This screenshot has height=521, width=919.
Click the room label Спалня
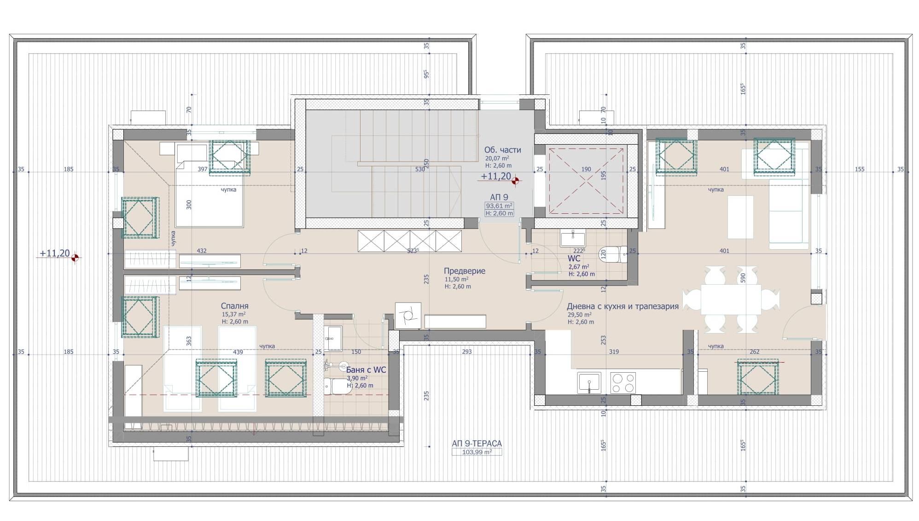point(234,306)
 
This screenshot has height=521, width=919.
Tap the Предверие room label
point(464,271)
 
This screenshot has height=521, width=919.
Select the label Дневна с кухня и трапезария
point(622,306)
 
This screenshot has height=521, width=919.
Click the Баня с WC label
point(366,370)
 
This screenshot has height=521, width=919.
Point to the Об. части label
point(502,150)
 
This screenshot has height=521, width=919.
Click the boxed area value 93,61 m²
point(499,206)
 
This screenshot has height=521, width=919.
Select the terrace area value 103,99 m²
point(477,452)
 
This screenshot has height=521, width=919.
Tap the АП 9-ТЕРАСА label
point(477,443)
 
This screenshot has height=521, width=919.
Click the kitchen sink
point(589,383)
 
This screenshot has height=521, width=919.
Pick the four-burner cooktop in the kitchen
point(623,383)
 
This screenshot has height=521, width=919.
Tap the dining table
point(731,299)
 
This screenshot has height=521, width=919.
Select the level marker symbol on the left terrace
point(75,258)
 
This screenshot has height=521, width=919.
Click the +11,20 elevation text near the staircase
point(496,176)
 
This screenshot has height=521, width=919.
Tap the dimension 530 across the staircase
point(420,169)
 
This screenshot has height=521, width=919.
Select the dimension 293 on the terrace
point(467,351)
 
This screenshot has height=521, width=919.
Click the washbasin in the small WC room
point(572,239)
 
